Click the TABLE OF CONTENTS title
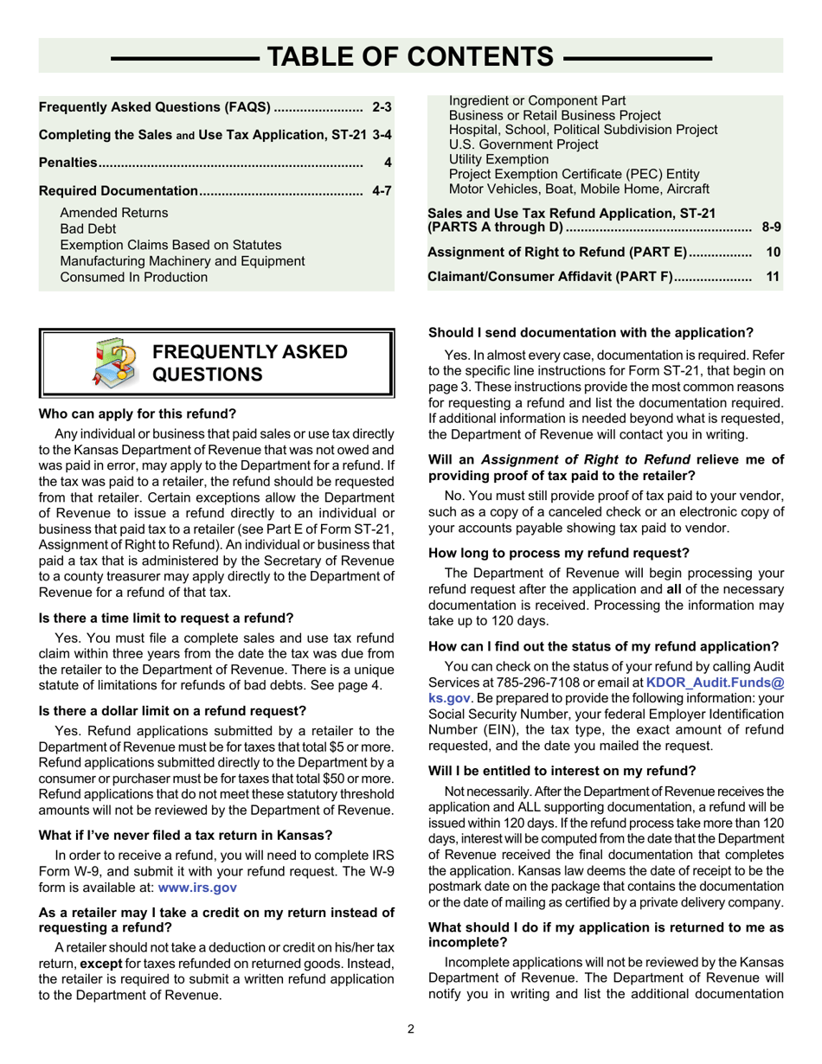click(411, 57)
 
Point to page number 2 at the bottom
click(411, 1029)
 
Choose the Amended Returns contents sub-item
click(114, 213)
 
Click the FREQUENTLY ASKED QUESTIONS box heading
click(249, 362)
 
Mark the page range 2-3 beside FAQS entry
click(382, 108)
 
